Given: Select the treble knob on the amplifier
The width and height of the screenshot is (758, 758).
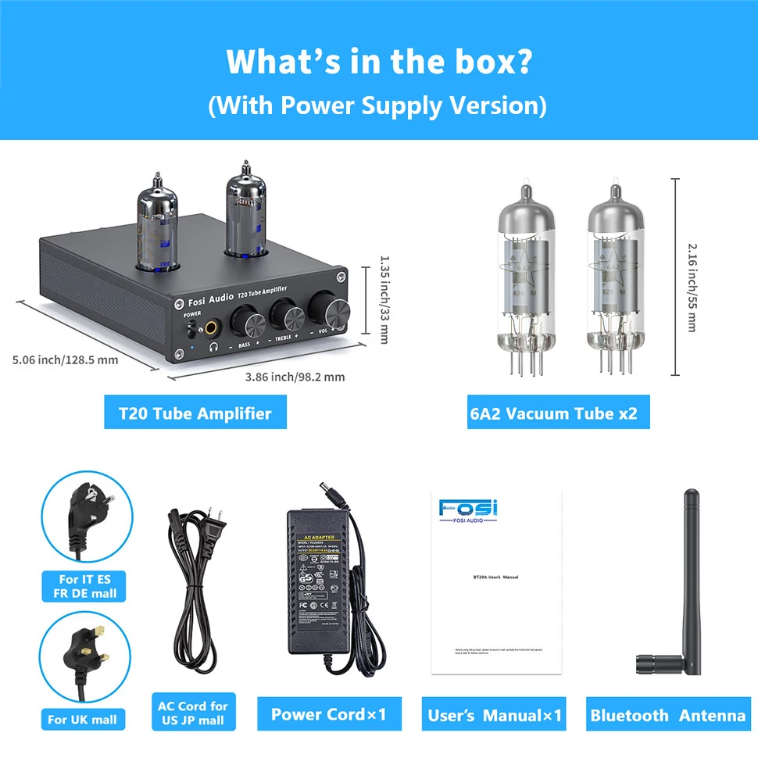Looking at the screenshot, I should (x=285, y=316).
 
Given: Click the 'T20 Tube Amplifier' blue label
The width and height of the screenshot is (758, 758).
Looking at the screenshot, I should (x=195, y=413).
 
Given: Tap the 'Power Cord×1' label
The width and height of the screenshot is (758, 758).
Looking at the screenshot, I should (x=328, y=714).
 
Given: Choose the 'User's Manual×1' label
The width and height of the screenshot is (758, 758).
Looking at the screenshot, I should (x=495, y=715).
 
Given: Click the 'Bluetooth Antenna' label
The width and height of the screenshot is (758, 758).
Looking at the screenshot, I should (x=668, y=715).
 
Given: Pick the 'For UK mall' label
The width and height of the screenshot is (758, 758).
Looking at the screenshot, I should (x=82, y=720).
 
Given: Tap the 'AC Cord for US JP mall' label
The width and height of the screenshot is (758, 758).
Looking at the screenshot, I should (x=192, y=713).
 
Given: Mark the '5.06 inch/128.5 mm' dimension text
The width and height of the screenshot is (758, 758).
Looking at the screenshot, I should (x=66, y=360).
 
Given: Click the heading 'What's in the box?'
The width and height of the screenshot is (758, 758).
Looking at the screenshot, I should (x=378, y=61).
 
